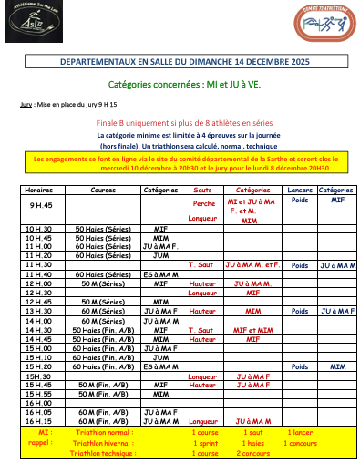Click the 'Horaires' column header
[x=39, y=191]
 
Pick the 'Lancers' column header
[x=298, y=191]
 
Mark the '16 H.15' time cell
[x=39, y=421]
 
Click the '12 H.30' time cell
[x=39, y=293]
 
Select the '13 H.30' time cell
[x=39, y=311]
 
